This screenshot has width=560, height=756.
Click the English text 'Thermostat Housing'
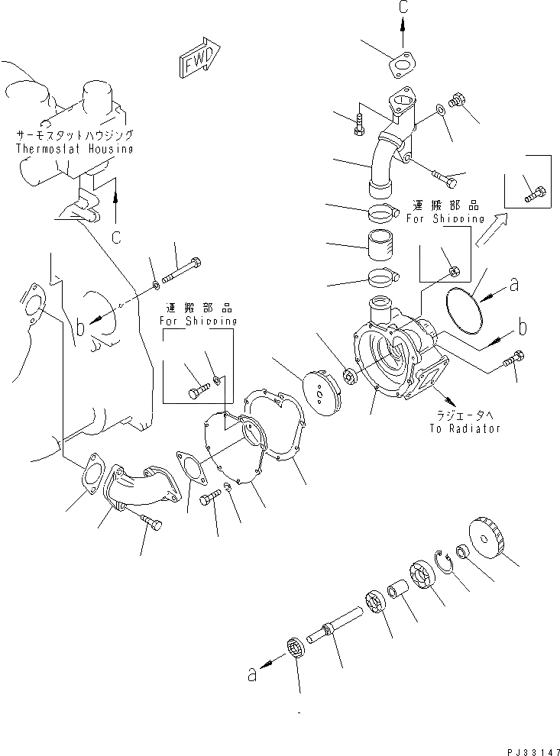74,150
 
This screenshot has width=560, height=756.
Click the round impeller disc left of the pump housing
321,386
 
